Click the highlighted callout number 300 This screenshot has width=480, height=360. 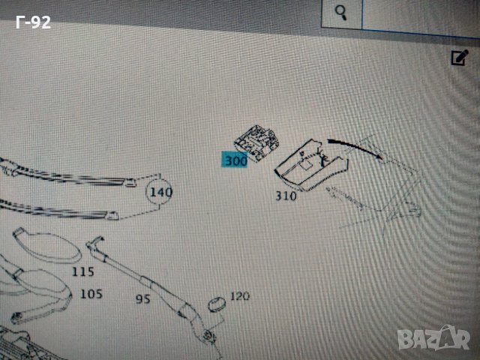coord(235,160)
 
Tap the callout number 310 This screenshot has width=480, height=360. coord(286,196)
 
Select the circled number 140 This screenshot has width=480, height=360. coord(161,192)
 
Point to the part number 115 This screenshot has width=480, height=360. coord(83,271)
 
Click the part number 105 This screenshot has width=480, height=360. coord(91,294)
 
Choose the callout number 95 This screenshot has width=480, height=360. coord(143,299)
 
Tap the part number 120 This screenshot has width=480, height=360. coord(240,296)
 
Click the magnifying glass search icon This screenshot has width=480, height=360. coord(340,13)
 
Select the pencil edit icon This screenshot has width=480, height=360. coord(460,57)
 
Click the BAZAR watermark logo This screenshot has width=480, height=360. coord(433,337)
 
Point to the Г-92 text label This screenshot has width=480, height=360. coord(33,22)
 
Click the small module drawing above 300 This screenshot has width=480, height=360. coord(256,142)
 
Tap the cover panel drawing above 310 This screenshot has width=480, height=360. coord(310,165)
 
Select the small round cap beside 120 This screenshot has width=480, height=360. coord(217,304)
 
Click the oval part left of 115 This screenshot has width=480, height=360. coord(46,245)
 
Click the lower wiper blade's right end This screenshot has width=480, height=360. coord(112,215)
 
